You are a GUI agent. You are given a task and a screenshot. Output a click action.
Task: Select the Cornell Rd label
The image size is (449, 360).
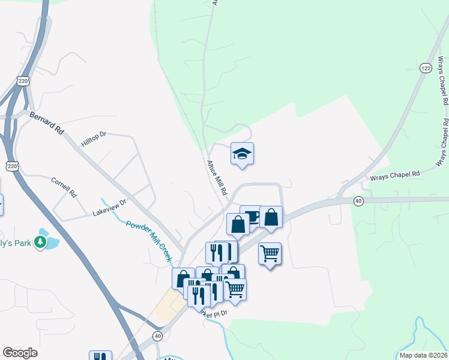coord(64,187)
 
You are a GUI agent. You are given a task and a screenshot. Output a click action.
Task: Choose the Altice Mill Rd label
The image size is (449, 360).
coord(217,178)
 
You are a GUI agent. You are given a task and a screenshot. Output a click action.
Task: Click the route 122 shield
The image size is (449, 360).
coord(426,68)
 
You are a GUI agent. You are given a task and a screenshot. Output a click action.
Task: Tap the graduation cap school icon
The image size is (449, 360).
coord(242,154)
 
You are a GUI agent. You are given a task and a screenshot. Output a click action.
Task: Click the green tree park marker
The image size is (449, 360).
coord(40,242)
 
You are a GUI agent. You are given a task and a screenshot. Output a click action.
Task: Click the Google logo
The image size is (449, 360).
coord(20,353)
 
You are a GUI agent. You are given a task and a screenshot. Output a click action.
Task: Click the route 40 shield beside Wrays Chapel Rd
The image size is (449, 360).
coord(358,200)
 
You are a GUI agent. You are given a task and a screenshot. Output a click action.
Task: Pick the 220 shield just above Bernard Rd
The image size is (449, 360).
coord(23,82)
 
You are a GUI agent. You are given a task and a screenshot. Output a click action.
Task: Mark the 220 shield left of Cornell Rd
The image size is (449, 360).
coord(12,164)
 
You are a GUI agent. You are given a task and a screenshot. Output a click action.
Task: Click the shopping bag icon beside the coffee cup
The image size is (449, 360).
coord(271,218)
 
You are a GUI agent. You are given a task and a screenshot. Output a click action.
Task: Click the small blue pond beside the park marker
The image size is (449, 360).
coord(52,243)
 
